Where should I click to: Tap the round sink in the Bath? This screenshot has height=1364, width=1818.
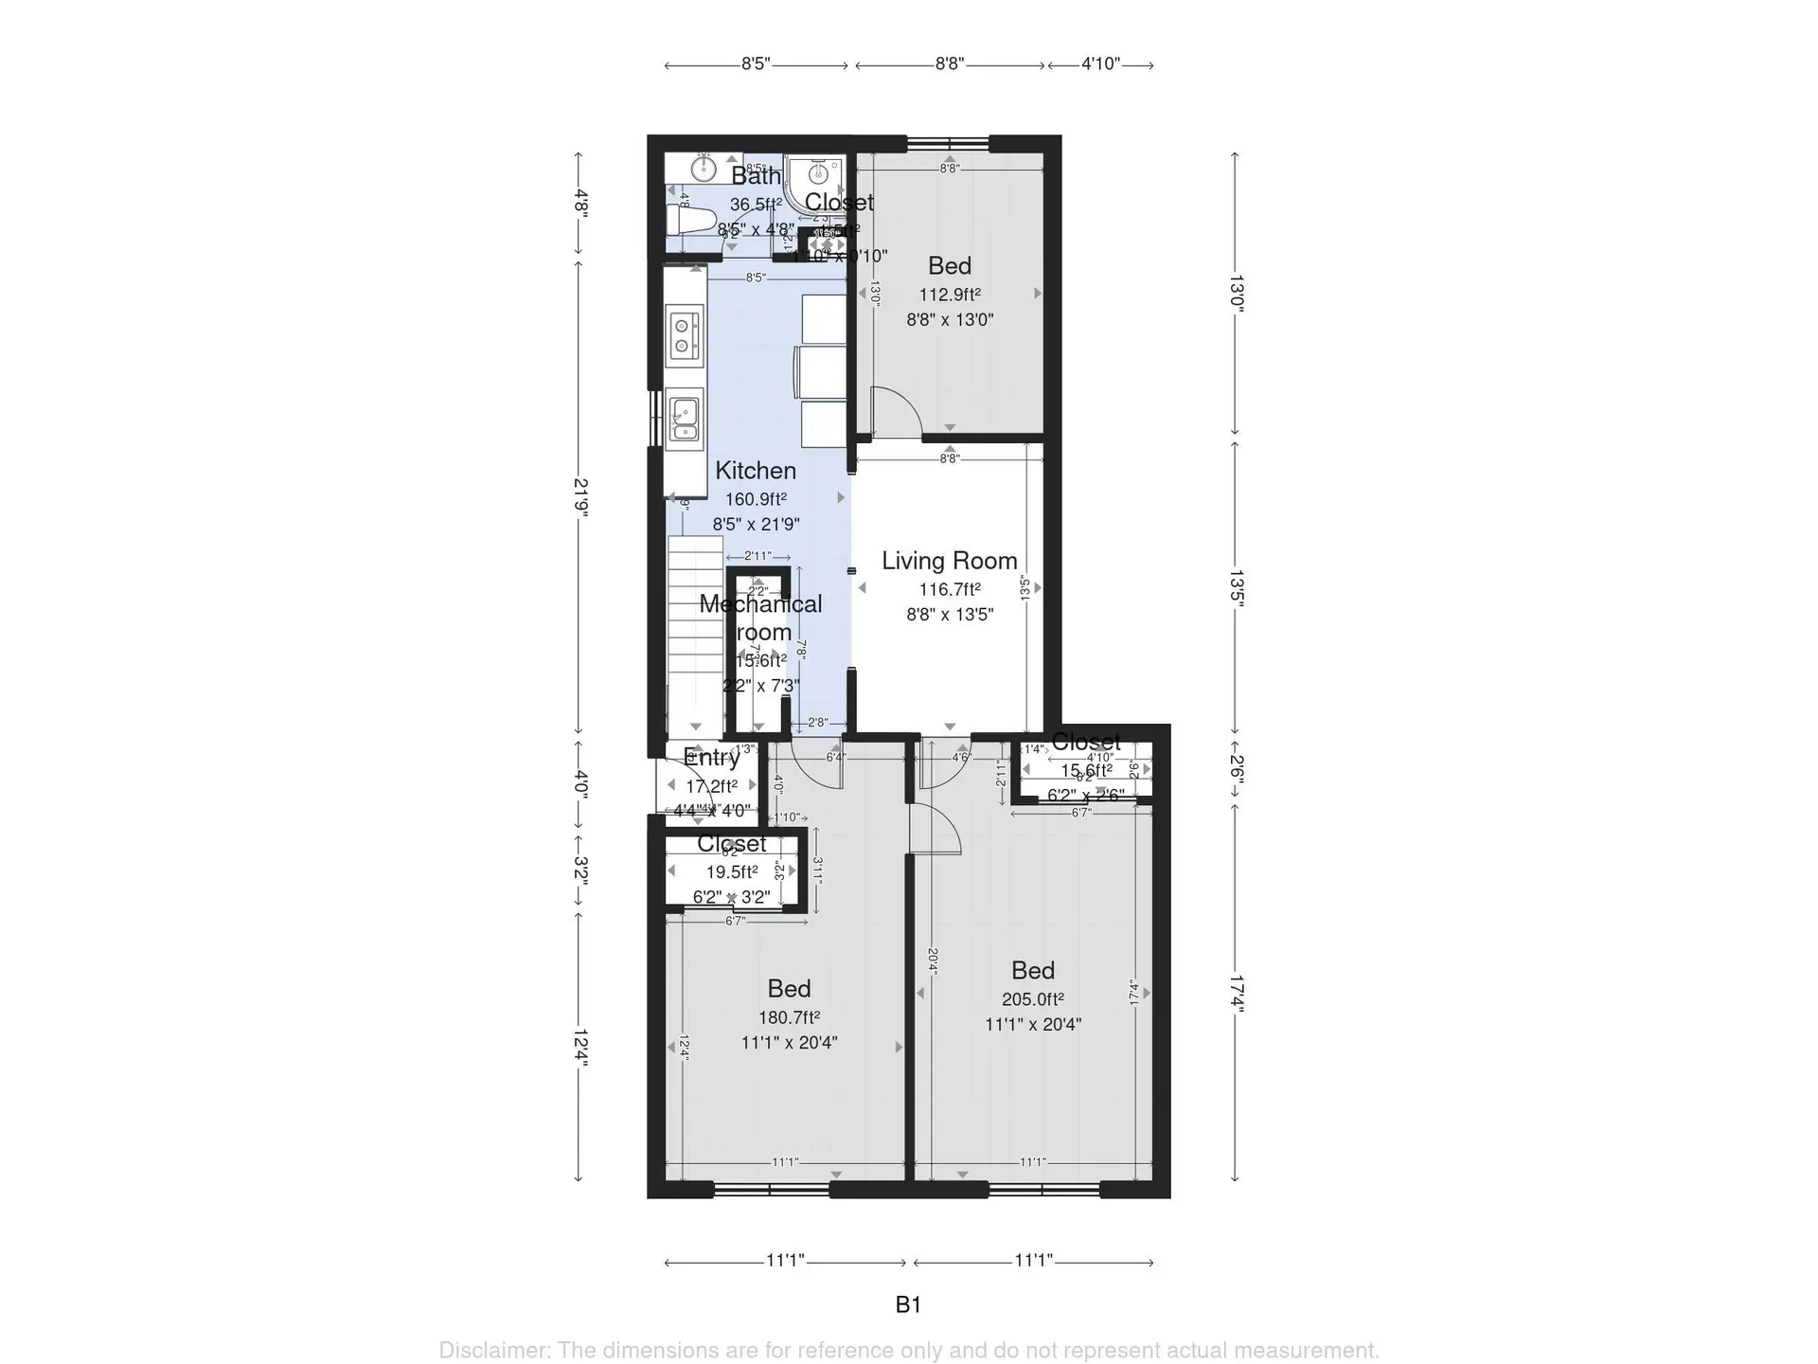pyautogui.click(x=703, y=169)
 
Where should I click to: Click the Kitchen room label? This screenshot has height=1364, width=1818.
pyautogui.click(x=755, y=471)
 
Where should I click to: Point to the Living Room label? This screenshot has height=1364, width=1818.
pyautogui.click(x=949, y=561)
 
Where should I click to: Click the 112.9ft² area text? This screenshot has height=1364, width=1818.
pyautogui.click(x=949, y=295)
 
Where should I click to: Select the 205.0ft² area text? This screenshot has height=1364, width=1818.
pyautogui.click(x=1032, y=999)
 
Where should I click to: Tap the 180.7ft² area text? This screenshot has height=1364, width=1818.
pyautogui.click(x=788, y=1018)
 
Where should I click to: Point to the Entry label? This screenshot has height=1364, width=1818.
pyautogui.click(x=711, y=758)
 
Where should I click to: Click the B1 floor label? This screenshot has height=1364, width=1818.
pyautogui.click(x=908, y=1305)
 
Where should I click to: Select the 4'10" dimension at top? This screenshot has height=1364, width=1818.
pyautogui.click(x=1100, y=64)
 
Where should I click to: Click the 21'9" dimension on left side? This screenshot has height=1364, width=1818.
pyautogui.click(x=580, y=496)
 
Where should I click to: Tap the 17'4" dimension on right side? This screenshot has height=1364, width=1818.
pyautogui.click(x=1236, y=995)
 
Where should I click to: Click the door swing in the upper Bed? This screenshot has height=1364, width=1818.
pyautogui.click(x=895, y=412)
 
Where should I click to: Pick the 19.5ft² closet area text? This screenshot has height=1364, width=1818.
pyautogui.click(x=731, y=872)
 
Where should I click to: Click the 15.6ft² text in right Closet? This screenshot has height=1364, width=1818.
pyautogui.click(x=1086, y=771)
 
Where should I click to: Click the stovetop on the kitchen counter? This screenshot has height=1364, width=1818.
pyautogui.click(x=684, y=336)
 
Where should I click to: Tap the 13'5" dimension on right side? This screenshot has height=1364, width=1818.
pyautogui.click(x=1236, y=587)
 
